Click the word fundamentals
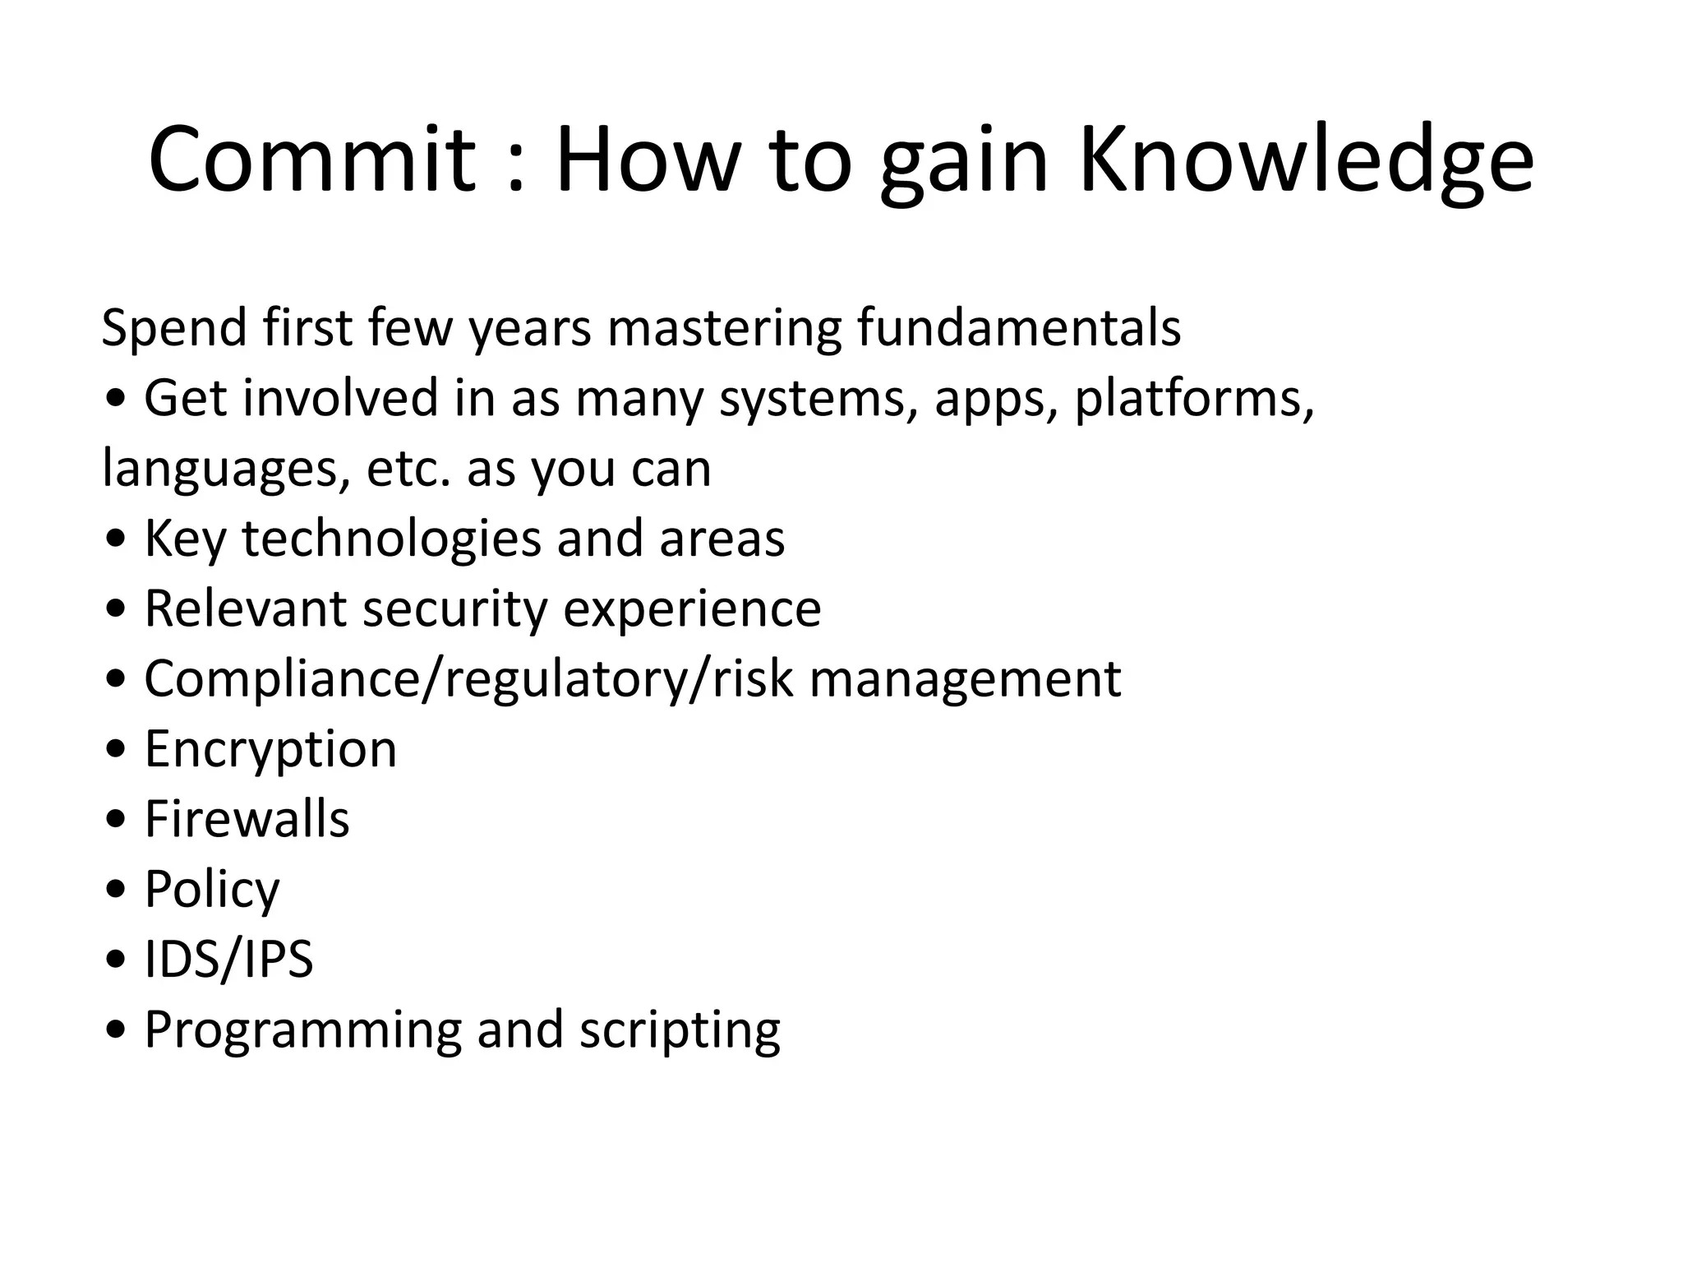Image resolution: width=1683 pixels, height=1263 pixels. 1018,327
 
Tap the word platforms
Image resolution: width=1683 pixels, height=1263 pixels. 1193,400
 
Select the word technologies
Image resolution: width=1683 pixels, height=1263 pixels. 391,539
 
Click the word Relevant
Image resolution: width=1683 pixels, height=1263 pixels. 246,608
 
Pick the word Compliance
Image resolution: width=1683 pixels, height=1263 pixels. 282,679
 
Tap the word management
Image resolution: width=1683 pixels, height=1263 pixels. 965,679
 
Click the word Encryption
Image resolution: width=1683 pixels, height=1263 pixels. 270,750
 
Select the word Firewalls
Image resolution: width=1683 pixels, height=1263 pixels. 247,819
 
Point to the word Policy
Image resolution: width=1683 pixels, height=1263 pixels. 212,890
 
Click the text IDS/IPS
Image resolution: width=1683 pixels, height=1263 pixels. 228,959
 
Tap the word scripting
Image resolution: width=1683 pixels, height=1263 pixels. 680,1030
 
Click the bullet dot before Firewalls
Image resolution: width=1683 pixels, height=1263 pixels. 117,821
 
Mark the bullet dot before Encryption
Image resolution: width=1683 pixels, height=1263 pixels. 117,751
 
